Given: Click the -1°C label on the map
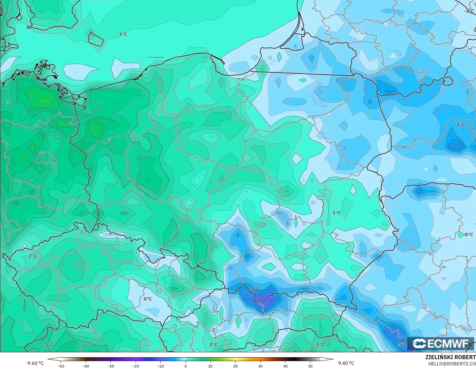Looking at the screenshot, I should click(469, 11).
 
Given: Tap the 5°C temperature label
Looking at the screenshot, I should click(49, 345).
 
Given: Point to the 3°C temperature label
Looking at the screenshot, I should click(320, 345).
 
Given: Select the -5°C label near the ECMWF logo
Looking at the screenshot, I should click(402, 345).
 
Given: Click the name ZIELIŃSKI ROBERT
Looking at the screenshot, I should click(450, 357).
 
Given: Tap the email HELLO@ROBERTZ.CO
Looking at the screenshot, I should click(452, 363).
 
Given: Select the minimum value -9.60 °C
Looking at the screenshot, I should click(35, 363).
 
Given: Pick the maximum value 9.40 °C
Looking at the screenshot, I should click(346, 363).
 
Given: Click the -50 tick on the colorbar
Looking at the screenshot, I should click(61, 366).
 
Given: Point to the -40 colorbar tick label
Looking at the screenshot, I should click(86, 366).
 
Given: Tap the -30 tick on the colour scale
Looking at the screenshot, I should click(111, 366).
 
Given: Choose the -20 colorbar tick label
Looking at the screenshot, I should click(136, 366).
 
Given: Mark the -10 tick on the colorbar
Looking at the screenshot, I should click(160, 366).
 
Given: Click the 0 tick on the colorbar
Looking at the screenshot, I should click(186, 366).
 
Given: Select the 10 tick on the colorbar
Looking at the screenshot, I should click(210, 366).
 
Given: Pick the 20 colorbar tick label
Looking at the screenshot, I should click(235, 366).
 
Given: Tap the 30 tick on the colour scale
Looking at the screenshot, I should click(260, 366).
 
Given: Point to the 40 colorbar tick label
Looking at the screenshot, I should click(285, 366).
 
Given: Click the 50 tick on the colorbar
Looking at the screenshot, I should click(310, 366).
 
